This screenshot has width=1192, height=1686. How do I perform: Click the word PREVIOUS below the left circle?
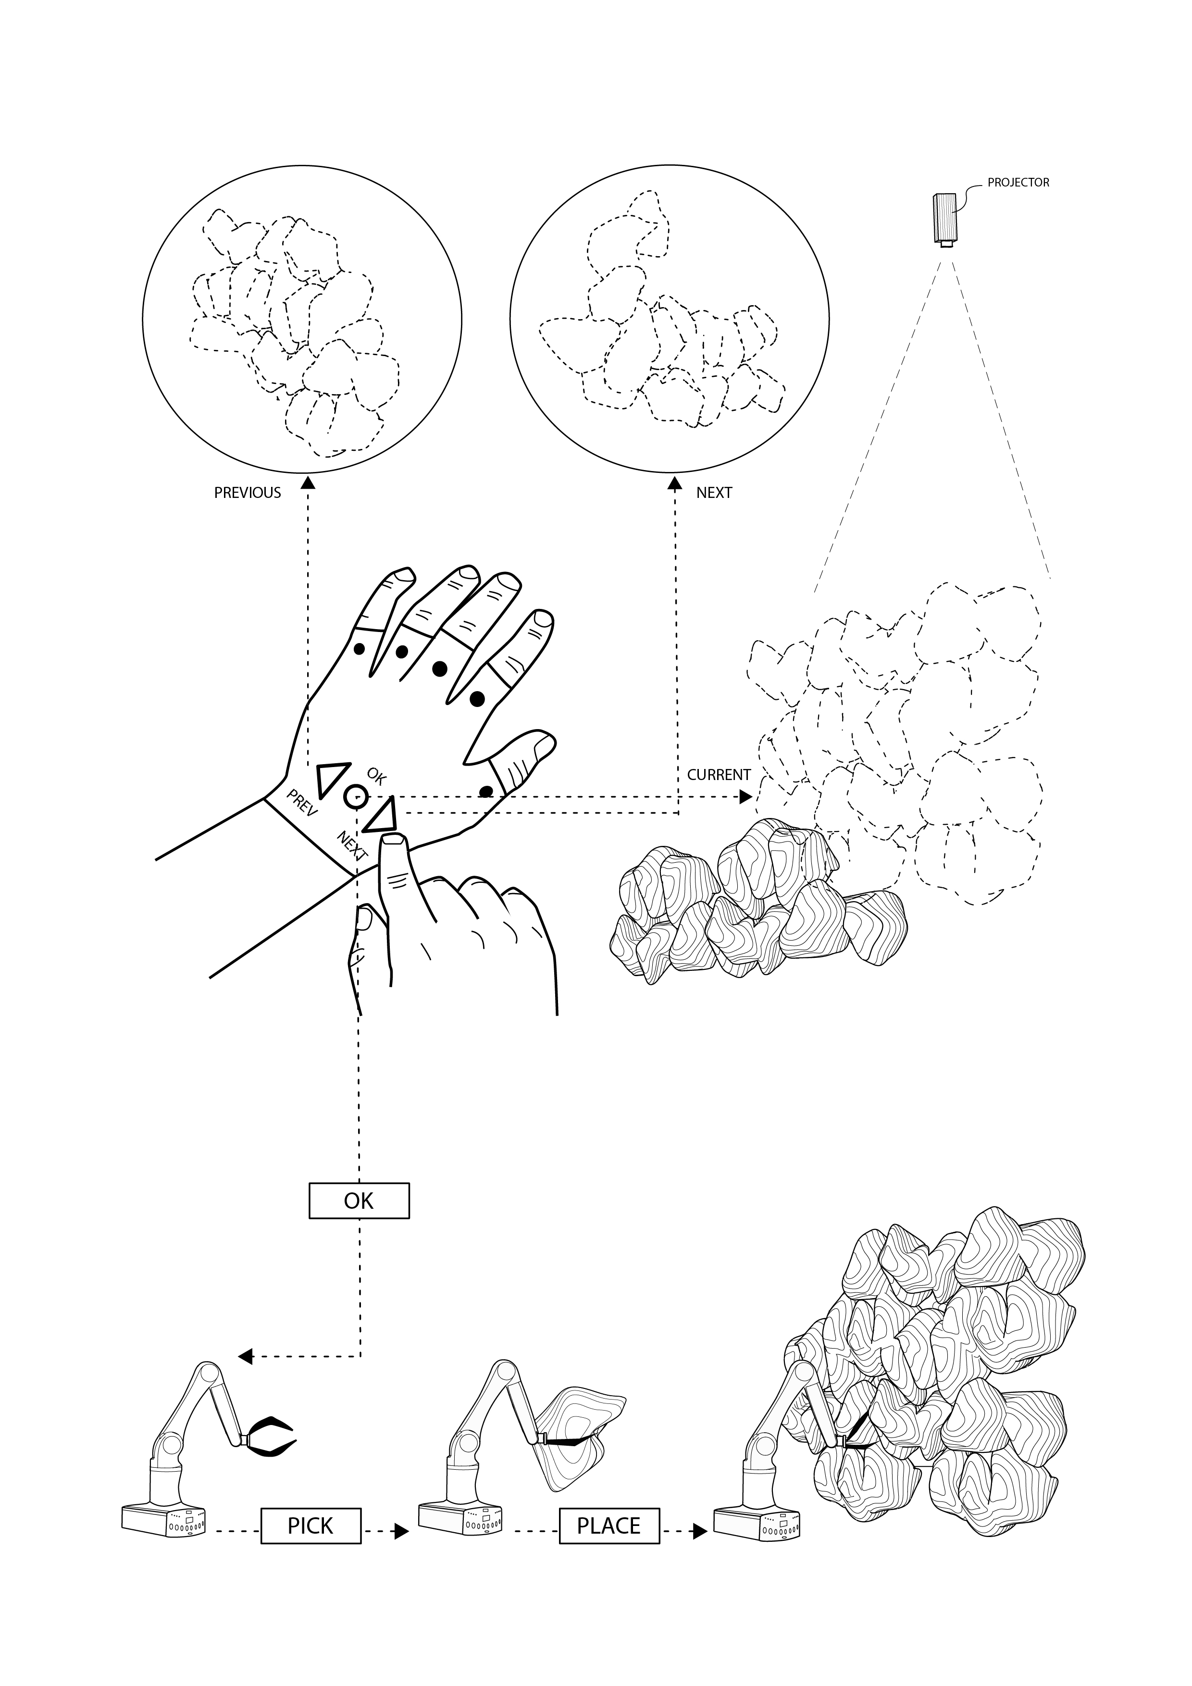[x=248, y=493]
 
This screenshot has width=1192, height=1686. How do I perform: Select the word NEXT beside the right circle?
[x=714, y=493]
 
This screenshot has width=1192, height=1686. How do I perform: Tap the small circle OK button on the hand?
[x=355, y=795]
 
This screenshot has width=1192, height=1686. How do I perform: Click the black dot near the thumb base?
[x=485, y=791]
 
